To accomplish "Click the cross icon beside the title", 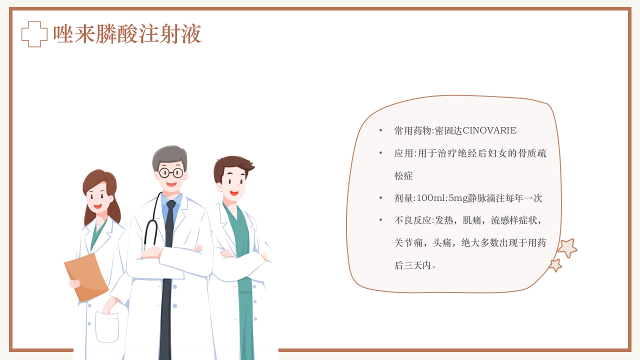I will click(x=34, y=34).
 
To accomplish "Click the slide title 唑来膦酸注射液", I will click(x=127, y=34).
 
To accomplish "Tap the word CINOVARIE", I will click(x=489, y=131).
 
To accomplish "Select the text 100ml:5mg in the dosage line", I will click(x=440, y=198).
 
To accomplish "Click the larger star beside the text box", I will click(x=567, y=248).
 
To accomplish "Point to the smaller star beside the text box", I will click(x=555, y=265).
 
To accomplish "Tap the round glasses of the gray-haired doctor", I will click(x=171, y=173).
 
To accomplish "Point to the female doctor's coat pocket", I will click(x=107, y=327).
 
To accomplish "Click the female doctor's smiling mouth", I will click(x=97, y=205).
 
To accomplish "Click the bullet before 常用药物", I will click(x=381, y=131).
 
